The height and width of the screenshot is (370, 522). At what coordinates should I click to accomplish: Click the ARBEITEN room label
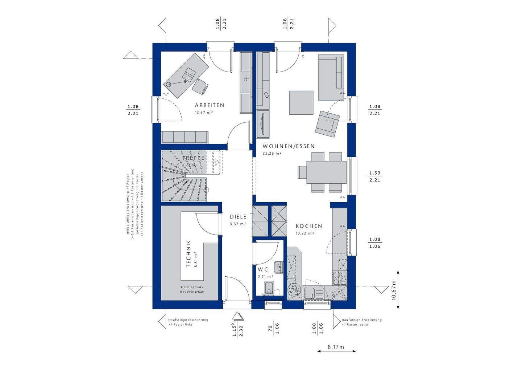pos(210,105)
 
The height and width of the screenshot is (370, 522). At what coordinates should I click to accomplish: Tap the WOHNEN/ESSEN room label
pos(289,146)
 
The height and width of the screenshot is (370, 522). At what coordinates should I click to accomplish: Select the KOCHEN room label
pos(308,226)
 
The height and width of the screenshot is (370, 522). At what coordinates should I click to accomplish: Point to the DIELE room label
pos(238,217)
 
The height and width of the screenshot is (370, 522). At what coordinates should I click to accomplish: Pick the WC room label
pos(263,270)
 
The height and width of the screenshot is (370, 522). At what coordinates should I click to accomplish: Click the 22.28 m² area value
pos(272,153)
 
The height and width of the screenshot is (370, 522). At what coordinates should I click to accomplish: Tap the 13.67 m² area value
pos(203,113)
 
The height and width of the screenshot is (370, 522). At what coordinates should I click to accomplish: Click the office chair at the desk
pos(200,86)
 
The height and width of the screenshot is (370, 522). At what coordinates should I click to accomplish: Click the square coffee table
pos(301,102)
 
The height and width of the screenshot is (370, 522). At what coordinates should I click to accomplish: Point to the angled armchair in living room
pos(327,123)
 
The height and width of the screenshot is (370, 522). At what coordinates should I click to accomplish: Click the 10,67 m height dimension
pos(394,289)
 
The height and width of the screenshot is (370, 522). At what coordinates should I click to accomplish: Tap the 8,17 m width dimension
pos(336,347)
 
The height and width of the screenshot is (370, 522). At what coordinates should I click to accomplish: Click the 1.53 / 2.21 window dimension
pos(374,176)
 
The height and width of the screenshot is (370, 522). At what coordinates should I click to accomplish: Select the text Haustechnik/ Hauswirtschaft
pos(192,289)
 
